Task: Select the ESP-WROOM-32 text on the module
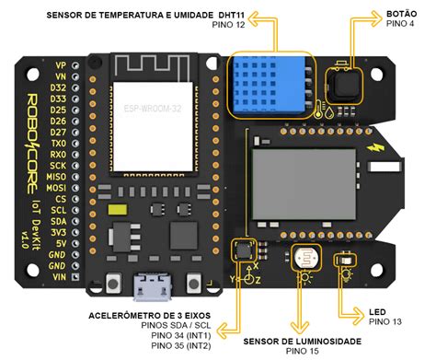point(152,108)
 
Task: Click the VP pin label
point(61,66)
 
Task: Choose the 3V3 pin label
point(59,233)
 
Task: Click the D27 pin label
point(58,133)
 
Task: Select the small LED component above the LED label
point(345,261)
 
